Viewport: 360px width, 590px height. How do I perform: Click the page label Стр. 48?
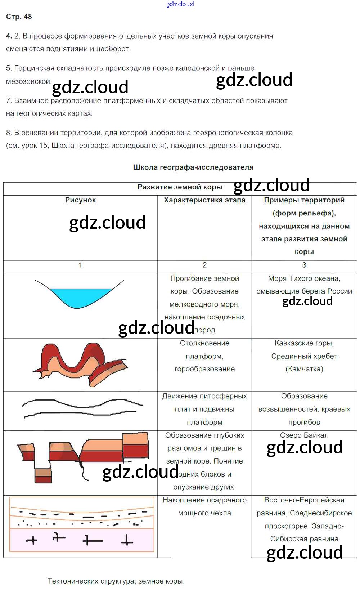click(19, 17)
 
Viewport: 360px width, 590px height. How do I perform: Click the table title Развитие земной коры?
click(180, 187)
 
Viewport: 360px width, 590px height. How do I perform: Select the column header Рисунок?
click(80, 200)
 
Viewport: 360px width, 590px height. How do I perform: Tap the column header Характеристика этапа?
click(204, 200)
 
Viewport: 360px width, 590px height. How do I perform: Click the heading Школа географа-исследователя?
click(193, 167)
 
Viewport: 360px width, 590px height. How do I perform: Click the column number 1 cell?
click(80, 265)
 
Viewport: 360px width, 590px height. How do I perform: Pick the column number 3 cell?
click(304, 265)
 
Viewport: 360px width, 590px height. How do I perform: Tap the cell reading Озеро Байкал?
click(304, 435)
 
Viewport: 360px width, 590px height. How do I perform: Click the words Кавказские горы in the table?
click(304, 343)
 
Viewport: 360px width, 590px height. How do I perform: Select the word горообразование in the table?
click(204, 369)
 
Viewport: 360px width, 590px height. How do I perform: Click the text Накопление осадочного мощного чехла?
click(204, 506)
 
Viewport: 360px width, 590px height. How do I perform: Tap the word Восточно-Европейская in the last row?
click(304, 500)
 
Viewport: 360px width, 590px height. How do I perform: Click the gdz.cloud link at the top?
click(180, 4)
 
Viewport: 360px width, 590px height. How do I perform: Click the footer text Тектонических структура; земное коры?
click(116, 581)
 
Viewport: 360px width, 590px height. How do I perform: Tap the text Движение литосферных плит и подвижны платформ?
click(204, 409)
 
